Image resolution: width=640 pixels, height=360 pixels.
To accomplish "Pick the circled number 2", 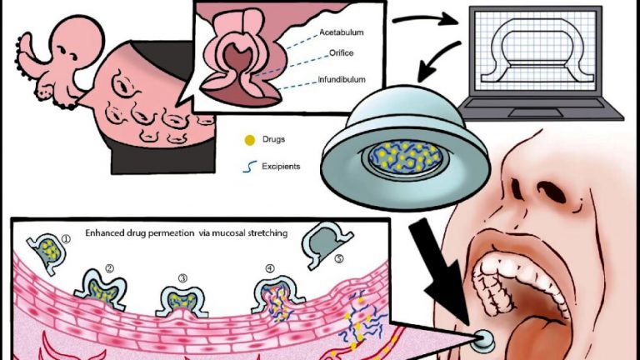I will point(108,267).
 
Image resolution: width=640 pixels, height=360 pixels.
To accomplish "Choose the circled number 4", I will point(267,267).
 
